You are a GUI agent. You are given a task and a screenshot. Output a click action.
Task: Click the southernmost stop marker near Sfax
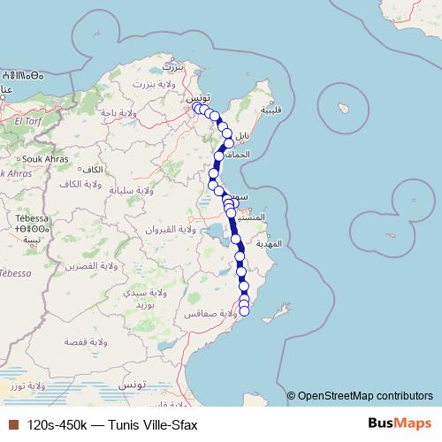point(245,310)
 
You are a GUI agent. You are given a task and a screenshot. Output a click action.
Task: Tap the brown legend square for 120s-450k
point(11,424)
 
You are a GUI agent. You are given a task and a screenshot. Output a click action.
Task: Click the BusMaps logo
point(397,423)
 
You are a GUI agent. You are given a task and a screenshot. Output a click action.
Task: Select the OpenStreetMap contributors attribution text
point(366,395)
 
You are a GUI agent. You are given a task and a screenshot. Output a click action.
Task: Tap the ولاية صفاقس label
point(206,314)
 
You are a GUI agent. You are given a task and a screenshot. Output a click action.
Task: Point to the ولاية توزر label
point(23,386)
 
